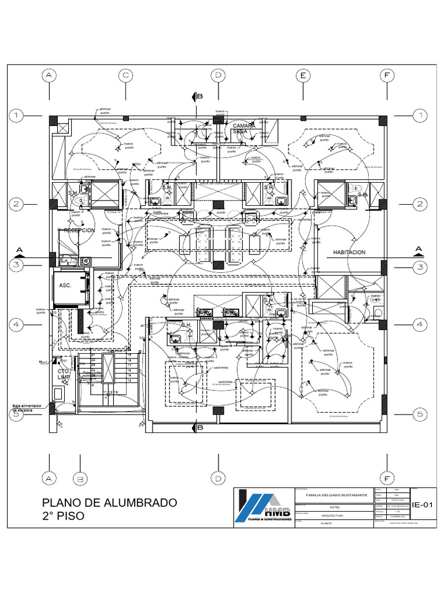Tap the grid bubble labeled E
(x=302, y=75)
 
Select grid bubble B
(x=82, y=479)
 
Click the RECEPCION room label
(x=79, y=230)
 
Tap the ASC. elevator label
(x=64, y=286)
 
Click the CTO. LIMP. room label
(x=64, y=373)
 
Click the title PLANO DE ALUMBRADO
(x=110, y=502)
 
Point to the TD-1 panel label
(x=44, y=362)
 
